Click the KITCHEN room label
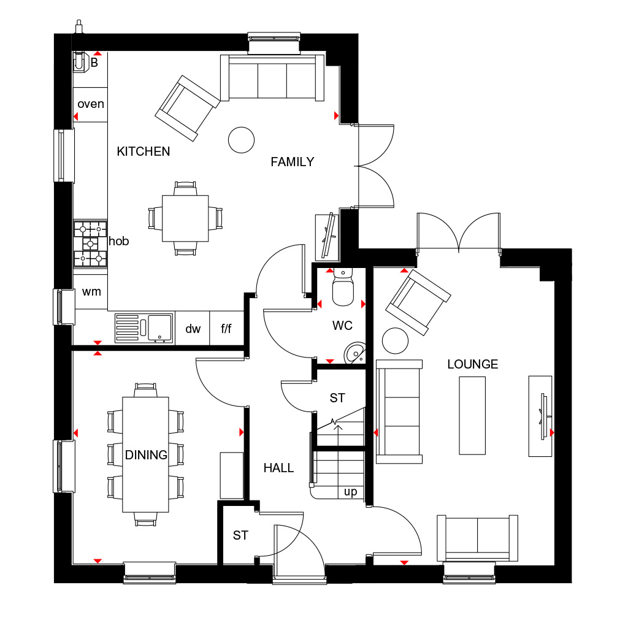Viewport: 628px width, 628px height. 144,151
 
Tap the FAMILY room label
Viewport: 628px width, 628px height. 293,162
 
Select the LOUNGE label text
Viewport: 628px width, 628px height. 472,364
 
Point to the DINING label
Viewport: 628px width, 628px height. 146,455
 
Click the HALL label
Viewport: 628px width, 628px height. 278,468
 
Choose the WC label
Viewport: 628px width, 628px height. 342,326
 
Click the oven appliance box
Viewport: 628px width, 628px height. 90,104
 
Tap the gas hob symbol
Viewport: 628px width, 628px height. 90,243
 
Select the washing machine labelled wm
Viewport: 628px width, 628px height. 91,292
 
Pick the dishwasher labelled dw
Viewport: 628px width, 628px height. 193,329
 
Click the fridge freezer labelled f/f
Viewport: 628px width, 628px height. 226,329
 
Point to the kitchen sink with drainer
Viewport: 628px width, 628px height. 144,327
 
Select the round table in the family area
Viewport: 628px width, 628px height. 241,140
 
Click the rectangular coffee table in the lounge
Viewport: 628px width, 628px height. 472,415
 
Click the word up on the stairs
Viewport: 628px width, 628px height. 350,492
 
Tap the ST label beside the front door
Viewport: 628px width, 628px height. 240,535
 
